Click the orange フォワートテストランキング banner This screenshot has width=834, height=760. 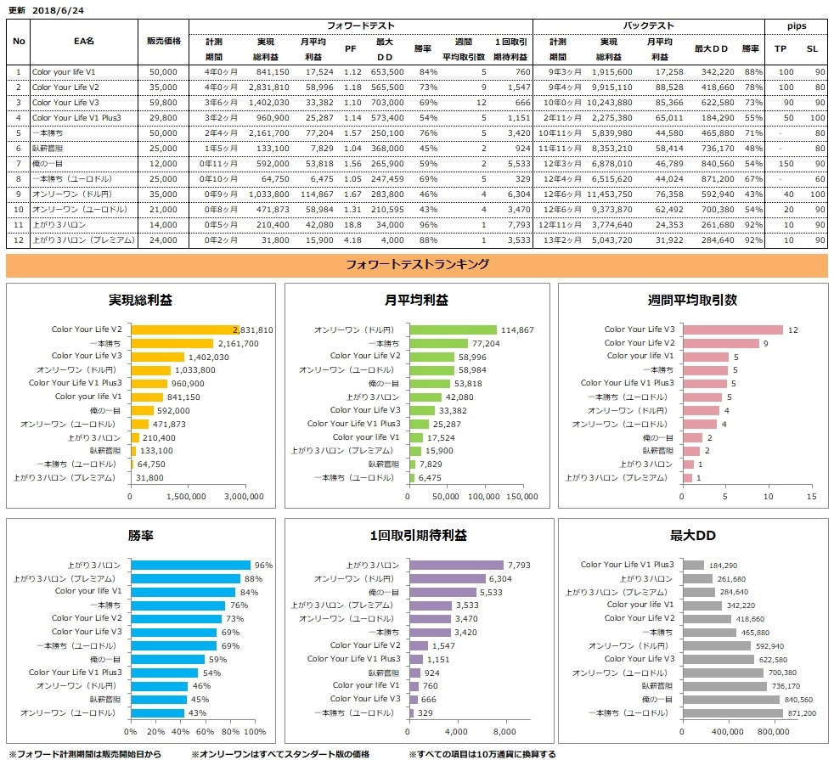click(x=416, y=265)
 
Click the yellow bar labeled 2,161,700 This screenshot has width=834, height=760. click(x=183, y=343)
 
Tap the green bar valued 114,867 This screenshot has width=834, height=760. click(x=453, y=330)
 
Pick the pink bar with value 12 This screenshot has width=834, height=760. click(x=733, y=330)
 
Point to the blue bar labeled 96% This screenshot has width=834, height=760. click(x=190, y=565)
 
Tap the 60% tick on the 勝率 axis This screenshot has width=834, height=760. click(x=205, y=731)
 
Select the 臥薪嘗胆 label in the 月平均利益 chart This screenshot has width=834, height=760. click(x=382, y=464)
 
